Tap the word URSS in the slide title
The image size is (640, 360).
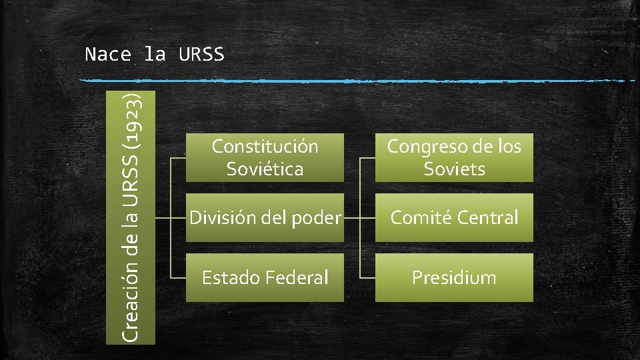(202, 55)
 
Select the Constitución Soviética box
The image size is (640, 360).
(265, 157)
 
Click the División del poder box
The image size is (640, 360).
(265, 217)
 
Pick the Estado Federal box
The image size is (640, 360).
(265, 277)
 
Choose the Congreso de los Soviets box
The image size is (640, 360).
(454, 157)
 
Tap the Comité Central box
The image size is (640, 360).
(454, 217)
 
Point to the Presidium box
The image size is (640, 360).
(454, 277)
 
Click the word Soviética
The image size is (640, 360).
(265, 169)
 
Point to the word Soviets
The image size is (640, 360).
(454, 169)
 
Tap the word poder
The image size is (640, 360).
(318, 217)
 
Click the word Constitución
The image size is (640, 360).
(265, 146)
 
